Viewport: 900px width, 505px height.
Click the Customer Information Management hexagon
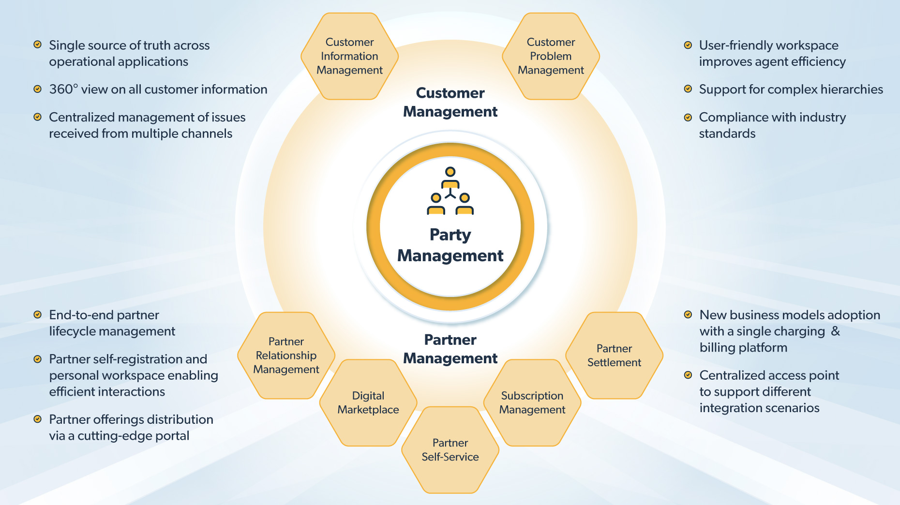click(x=349, y=56)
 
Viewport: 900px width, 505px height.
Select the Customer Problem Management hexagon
click(x=551, y=56)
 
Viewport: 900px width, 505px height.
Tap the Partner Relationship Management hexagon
click(x=286, y=356)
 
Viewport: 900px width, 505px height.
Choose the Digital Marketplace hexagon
click(x=368, y=402)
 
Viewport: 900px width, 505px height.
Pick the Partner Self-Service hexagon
click(x=450, y=450)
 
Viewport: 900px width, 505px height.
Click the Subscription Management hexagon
click(x=532, y=402)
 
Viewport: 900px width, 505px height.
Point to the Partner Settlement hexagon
click(x=614, y=356)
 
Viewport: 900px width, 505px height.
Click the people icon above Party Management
click(x=450, y=191)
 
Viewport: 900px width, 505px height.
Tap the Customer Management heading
click(x=450, y=102)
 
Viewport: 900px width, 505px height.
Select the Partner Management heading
click(x=450, y=349)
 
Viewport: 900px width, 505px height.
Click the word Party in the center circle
click(x=450, y=235)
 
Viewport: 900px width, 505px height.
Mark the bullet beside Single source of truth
click(x=37, y=45)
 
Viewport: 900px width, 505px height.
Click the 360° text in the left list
click(x=63, y=89)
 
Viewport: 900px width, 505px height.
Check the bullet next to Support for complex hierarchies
click(x=688, y=89)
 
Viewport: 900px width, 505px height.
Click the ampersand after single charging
click(x=836, y=331)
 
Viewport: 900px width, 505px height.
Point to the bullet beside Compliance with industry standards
click(x=688, y=117)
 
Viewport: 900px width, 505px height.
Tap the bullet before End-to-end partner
click(x=37, y=315)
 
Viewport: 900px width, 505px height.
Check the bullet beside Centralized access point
click(x=688, y=375)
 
